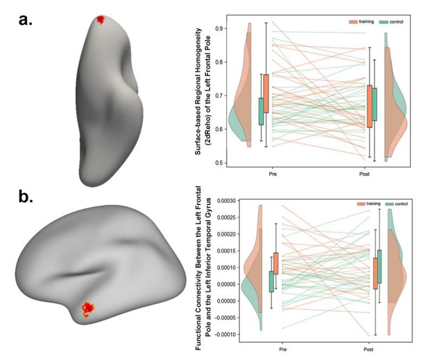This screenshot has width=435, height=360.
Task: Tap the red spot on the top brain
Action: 100,19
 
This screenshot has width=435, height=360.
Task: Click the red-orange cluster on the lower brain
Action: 87,309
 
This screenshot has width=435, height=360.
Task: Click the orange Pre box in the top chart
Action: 266,93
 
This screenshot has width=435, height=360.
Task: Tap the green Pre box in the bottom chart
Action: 271,282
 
